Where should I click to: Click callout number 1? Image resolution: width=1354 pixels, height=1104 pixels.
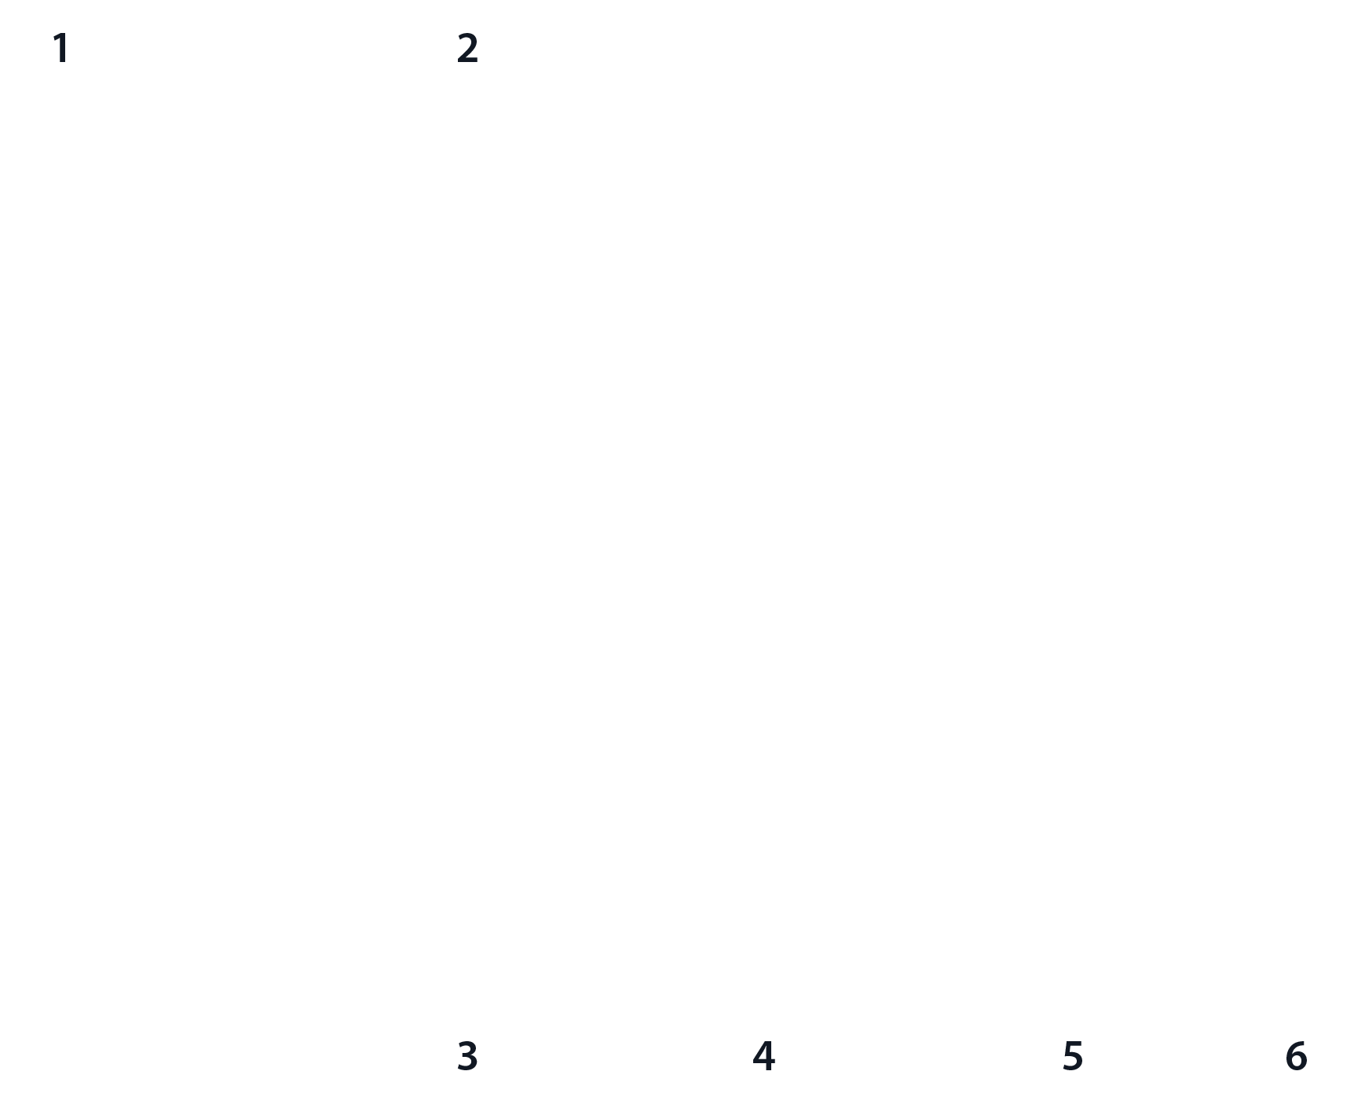(x=60, y=49)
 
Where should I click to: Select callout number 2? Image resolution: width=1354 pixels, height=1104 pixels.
(x=467, y=49)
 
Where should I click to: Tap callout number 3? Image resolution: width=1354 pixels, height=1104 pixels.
(x=467, y=1056)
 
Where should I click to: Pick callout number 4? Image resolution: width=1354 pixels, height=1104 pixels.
(x=763, y=1056)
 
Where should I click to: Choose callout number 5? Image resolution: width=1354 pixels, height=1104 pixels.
(x=1072, y=1056)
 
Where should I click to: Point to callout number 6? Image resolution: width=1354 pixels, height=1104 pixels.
(x=1297, y=1056)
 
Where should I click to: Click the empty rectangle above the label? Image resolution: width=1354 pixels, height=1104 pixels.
(x=1007, y=316)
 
